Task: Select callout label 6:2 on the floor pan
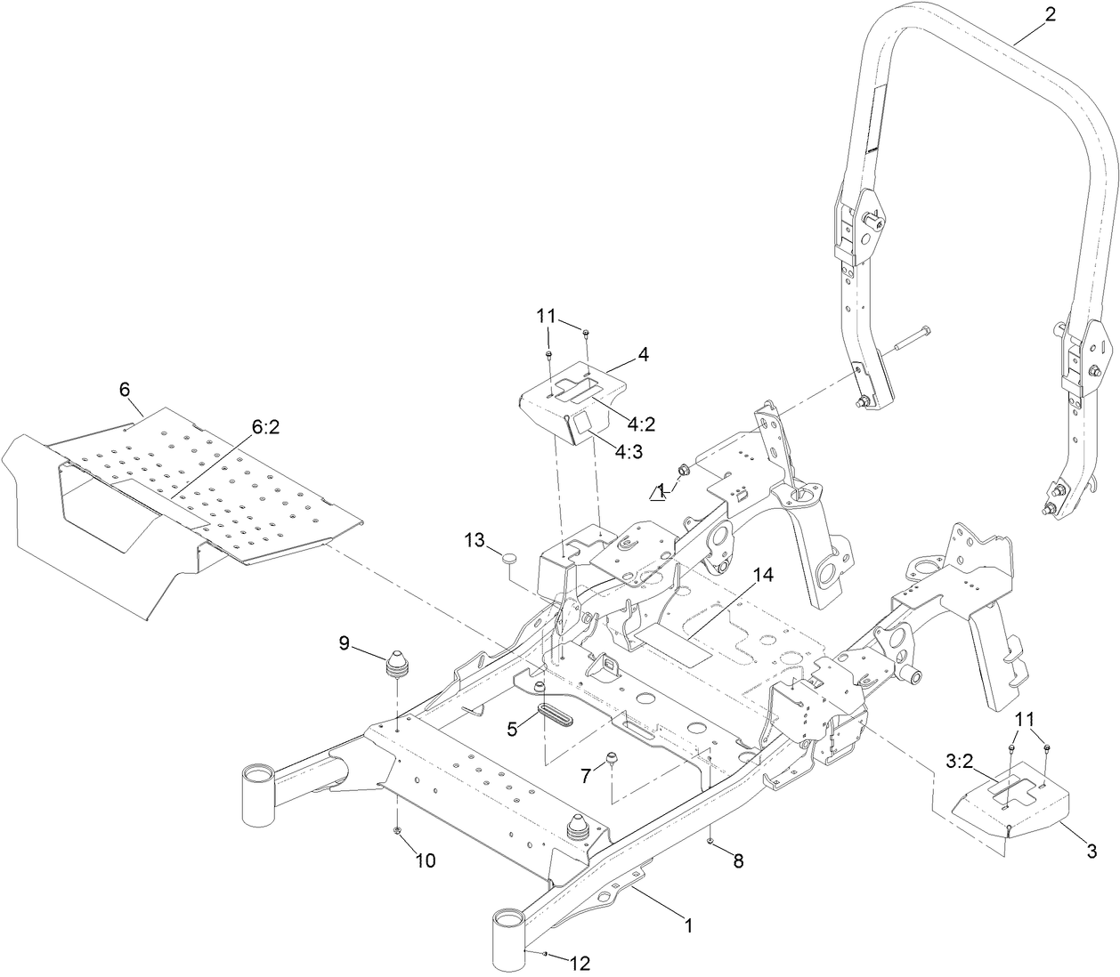coord(266,427)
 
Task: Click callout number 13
coord(475,540)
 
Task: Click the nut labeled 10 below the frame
coord(396,831)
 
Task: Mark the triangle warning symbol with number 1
coord(660,491)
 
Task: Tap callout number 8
coord(737,860)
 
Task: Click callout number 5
coord(512,729)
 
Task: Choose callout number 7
coord(585,776)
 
